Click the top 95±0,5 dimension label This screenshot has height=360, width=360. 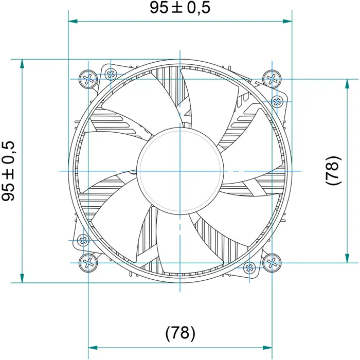tap(180, 7)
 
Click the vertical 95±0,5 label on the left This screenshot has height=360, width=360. tap(8, 171)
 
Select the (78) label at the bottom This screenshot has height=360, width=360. tap(180, 333)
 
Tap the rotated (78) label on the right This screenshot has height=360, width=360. tap(333, 170)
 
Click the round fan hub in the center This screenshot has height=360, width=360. tap(180, 171)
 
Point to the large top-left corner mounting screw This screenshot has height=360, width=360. tap(88, 79)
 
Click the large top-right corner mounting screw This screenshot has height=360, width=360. tap(272, 79)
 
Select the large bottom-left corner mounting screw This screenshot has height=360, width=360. tap(88, 263)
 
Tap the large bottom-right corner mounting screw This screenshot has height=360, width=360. tap(272, 263)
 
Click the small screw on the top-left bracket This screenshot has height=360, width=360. tap(111, 74)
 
